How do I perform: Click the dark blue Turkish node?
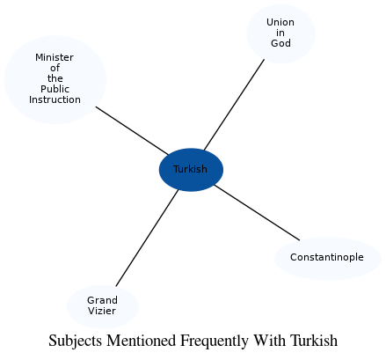(x=191, y=169)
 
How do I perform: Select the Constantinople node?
(x=327, y=258)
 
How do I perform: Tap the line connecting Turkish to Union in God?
(x=234, y=105)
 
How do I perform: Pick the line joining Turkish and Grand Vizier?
(x=147, y=238)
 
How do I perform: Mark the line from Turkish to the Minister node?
(x=131, y=130)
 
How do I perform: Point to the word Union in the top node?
(x=280, y=22)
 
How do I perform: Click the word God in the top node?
(x=280, y=43)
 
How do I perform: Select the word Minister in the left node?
(x=55, y=57)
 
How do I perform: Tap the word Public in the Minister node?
(x=55, y=89)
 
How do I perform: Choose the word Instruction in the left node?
(x=55, y=99)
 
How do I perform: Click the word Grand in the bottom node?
(x=102, y=300)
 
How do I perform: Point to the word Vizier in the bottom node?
(x=102, y=311)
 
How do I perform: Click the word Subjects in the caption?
(x=75, y=341)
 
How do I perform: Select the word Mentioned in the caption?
(x=140, y=341)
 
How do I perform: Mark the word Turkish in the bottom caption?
(x=314, y=341)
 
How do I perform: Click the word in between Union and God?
(x=280, y=33)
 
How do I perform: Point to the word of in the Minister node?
(x=55, y=68)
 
